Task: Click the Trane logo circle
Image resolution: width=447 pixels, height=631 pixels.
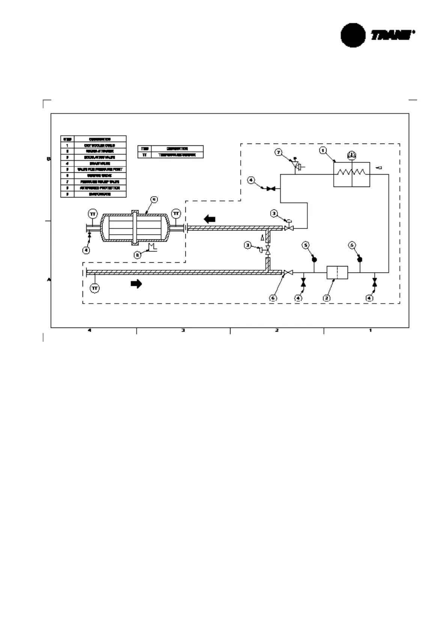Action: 352,35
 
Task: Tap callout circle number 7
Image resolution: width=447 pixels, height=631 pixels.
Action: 278,153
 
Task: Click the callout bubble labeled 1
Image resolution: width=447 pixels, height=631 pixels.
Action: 322,150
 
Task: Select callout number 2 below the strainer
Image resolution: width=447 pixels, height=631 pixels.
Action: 327,298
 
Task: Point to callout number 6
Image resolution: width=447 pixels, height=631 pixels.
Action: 273,298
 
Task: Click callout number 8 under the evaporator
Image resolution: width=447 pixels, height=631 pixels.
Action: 138,255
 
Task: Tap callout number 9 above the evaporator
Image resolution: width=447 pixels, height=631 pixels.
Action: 153,200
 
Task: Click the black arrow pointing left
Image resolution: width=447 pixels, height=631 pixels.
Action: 209,219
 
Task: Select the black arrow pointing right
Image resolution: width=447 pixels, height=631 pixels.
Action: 136,284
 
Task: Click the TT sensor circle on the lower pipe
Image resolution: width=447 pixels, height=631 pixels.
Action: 95,288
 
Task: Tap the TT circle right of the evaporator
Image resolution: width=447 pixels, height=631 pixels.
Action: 176,214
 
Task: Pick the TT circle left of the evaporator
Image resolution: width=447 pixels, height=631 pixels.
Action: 93,214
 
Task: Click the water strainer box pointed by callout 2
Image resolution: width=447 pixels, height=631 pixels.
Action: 337,272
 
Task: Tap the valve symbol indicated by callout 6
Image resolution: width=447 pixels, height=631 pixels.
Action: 288,272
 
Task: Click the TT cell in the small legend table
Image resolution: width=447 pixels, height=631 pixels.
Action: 144,155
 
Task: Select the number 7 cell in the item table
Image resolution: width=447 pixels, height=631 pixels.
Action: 67,182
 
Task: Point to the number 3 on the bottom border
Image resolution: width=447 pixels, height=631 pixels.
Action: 183,330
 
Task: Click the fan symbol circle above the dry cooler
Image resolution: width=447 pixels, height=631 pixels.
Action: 352,155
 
